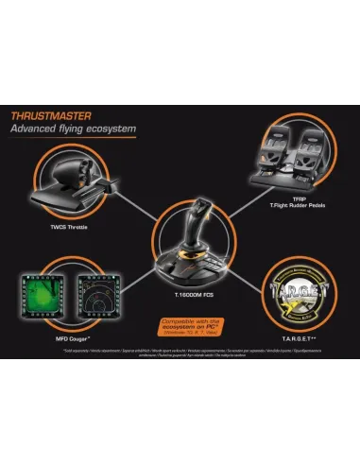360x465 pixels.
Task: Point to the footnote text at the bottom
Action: pos(180,352)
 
